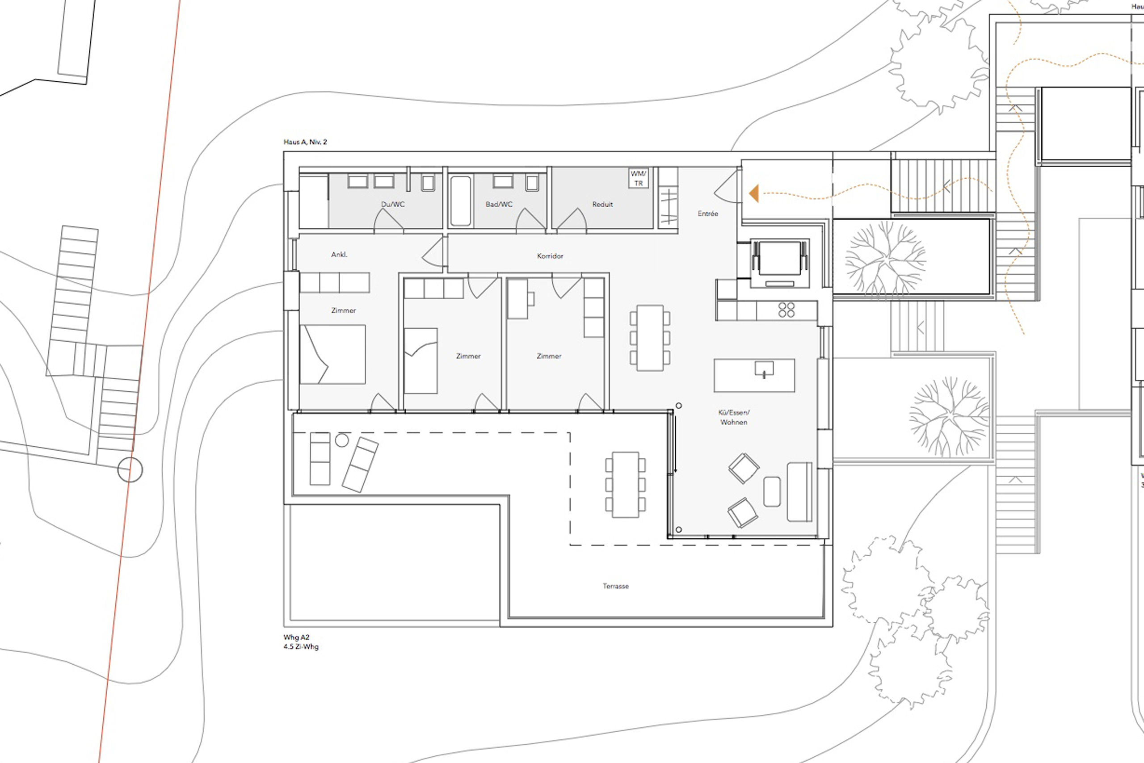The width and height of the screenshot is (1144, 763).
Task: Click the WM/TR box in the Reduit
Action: [x=638, y=178]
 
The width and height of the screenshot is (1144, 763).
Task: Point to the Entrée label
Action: [x=708, y=214]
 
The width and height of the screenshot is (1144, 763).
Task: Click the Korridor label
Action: [x=550, y=256]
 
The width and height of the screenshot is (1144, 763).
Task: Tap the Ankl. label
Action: [x=339, y=255]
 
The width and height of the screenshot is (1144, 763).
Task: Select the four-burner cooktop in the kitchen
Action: [x=786, y=310]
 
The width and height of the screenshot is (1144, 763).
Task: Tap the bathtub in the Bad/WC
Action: [x=461, y=201]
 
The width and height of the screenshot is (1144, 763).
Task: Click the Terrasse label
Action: [x=616, y=587]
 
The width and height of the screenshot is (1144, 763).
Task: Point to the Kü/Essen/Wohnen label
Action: [x=734, y=418]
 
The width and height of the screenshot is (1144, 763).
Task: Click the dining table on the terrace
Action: [x=626, y=485]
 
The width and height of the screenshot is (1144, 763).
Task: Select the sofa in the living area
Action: [x=799, y=492]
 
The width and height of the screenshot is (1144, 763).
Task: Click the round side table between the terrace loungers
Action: [x=342, y=440]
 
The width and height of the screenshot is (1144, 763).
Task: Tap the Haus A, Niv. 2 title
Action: [x=305, y=142]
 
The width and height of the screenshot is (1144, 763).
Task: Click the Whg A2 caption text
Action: [x=296, y=637]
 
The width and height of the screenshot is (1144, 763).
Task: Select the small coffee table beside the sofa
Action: [x=772, y=491]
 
